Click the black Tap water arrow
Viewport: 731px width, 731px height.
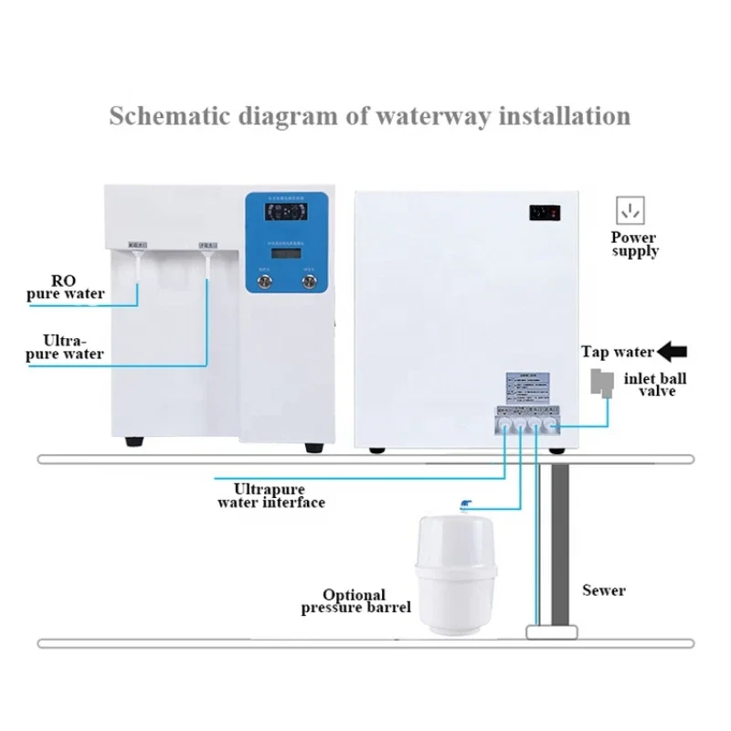[673, 351]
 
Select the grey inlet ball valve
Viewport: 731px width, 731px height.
[601, 383]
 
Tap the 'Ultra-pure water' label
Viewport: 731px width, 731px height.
[65, 345]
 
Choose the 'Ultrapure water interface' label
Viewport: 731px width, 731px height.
[270, 495]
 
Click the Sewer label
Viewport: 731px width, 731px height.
[604, 589]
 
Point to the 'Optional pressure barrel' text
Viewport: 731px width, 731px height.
[355, 600]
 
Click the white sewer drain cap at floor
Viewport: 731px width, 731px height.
[552, 631]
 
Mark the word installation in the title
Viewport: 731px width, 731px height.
[558, 116]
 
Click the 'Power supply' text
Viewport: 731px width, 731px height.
[634, 244]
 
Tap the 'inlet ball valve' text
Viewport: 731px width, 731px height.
[657, 384]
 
